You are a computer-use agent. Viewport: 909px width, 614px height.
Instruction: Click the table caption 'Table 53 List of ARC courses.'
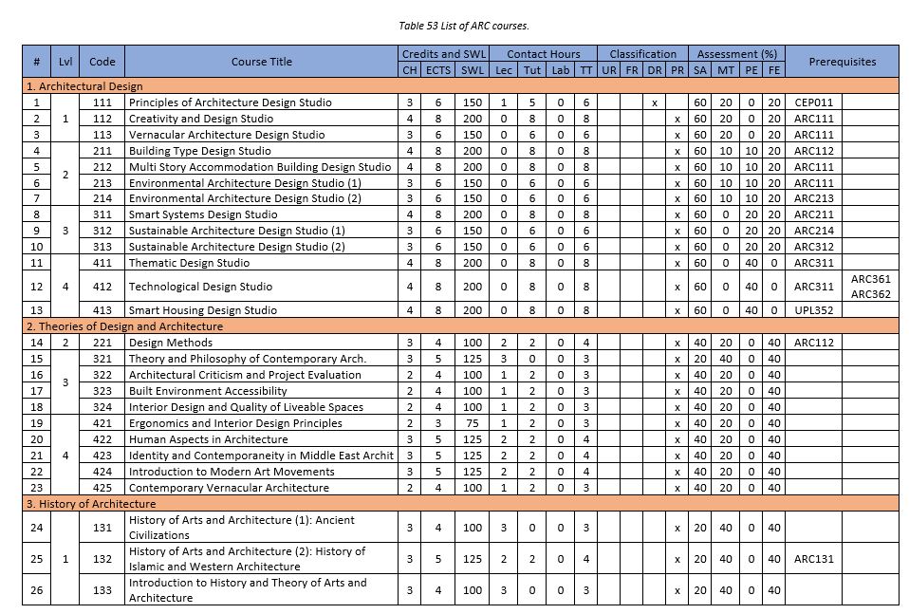coord(454,26)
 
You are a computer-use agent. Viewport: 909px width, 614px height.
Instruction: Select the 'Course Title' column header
coord(262,62)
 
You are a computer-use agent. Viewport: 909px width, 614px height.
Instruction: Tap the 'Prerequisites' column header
coord(842,62)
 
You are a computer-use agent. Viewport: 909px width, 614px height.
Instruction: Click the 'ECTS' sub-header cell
coord(438,70)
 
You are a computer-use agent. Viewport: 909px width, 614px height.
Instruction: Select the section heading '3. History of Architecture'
coord(90,504)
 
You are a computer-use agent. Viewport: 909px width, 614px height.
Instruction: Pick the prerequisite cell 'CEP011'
coord(812,102)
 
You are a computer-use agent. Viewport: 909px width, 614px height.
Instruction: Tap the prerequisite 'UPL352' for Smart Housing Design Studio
coord(813,310)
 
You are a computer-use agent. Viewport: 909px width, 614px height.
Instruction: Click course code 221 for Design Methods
coord(102,343)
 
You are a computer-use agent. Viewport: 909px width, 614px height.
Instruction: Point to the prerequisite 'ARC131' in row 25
coord(813,559)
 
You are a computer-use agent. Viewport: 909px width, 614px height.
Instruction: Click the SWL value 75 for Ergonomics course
coord(472,423)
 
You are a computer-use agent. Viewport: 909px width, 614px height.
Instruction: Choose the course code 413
coord(102,310)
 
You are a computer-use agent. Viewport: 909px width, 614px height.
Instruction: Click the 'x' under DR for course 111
coord(655,102)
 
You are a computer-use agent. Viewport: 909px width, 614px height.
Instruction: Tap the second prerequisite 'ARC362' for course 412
coord(870,294)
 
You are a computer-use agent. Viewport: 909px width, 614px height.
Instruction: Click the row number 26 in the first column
coord(36,590)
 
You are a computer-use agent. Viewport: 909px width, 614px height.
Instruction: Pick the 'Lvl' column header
coord(65,62)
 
